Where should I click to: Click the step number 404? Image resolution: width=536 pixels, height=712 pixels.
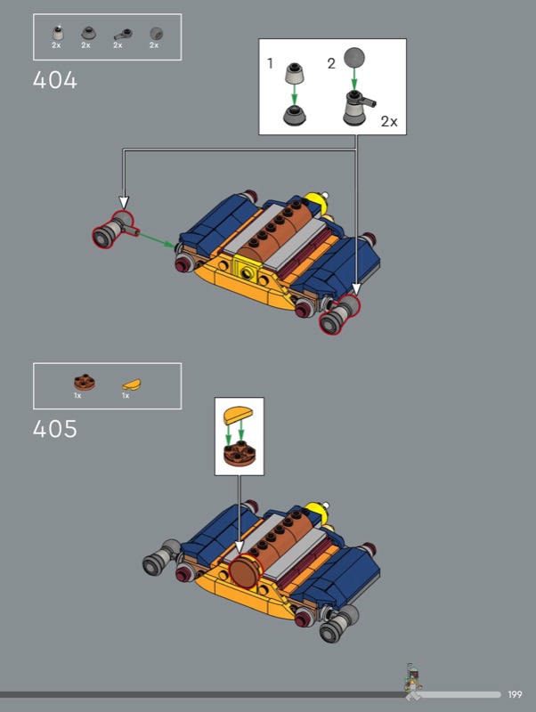pos(55,80)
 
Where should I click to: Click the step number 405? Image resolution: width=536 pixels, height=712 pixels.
pos(55,429)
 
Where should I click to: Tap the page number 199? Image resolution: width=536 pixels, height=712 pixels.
pos(516,694)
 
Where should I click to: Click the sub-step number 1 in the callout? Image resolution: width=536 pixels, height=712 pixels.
pos(271,63)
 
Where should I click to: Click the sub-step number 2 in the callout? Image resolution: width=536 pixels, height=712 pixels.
pos(331,63)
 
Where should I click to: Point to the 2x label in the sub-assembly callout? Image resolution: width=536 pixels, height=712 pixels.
pos(389,122)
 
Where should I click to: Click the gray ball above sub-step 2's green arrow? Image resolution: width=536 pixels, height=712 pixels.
pos(354,58)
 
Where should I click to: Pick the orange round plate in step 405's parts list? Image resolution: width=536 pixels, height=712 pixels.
pos(85,383)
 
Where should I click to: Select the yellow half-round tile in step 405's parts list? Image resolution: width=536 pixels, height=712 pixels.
pos(131,384)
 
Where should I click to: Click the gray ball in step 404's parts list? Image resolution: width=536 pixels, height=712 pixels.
pos(156,34)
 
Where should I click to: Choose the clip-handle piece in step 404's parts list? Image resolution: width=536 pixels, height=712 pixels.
pos(123,35)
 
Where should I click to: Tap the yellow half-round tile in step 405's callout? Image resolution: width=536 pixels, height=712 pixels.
pos(239,414)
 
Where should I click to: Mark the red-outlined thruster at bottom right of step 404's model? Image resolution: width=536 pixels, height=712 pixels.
pos(339,314)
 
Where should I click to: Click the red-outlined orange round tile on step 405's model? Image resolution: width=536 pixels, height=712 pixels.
pos(246,571)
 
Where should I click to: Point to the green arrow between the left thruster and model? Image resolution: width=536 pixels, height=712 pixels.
pos(157,240)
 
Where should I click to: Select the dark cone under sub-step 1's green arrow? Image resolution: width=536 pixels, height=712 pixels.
pos(295,116)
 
